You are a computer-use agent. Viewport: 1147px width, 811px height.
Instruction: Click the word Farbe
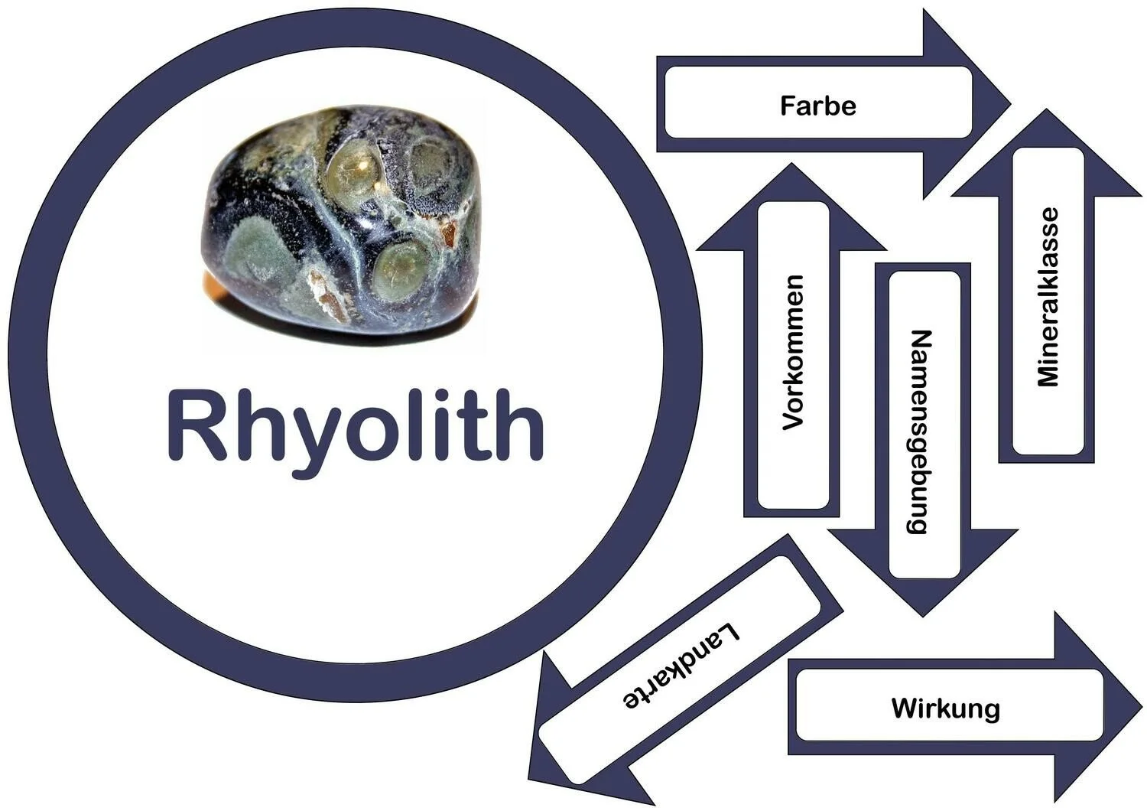pyautogui.click(x=817, y=105)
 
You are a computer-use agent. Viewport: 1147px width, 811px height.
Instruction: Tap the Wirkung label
pyautogui.click(x=945, y=708)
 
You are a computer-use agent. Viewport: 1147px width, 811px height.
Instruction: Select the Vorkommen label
pyautogui.click(x=794, y=352)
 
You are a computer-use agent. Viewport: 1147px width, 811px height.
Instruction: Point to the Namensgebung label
pyautogui.click(x=923, y=432)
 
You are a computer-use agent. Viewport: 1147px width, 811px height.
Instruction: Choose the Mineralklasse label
pyautogui.click(x=1048, y=297)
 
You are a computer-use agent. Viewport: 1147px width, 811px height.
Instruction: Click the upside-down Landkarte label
pyautogui.click(x=683, y=666)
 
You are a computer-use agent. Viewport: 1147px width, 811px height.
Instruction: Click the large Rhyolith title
pyautogui.click(x=356, y=425)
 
